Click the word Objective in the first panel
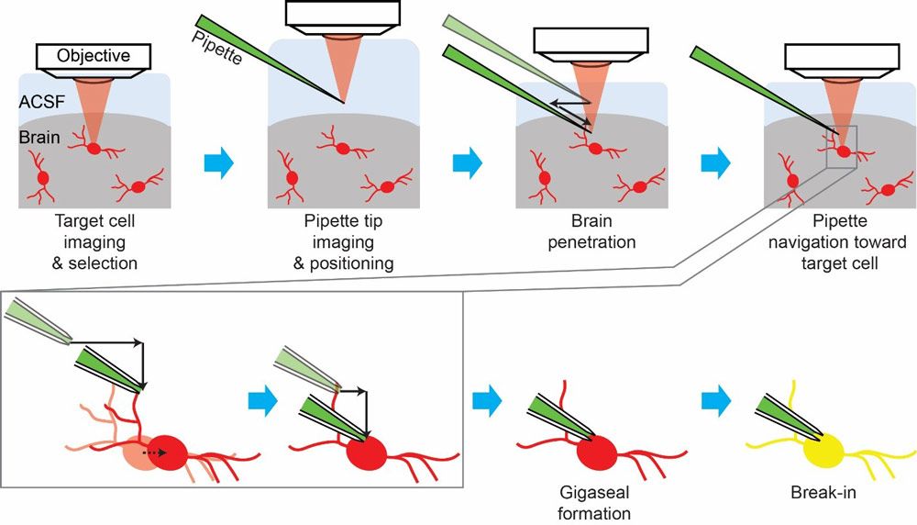click(x=94, y=56)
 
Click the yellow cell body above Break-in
click(x=823, y=449)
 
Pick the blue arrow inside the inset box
click(x=264, y=399)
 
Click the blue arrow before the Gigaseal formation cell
click(x=488, y=399)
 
